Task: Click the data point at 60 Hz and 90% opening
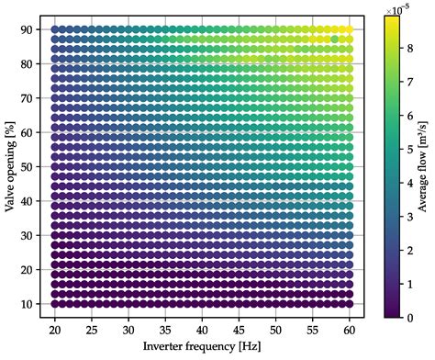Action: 349,29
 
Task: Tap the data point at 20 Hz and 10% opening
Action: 55,303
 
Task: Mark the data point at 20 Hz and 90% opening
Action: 55,29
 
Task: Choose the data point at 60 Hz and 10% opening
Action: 349,303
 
